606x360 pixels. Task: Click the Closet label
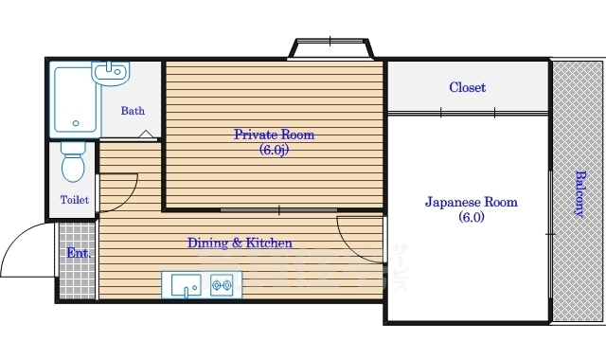[x=467, y=87]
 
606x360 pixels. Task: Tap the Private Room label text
[x=274, y=135]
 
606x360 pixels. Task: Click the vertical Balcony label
[x=579, y=194]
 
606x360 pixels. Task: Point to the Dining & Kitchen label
[x=239, y=243]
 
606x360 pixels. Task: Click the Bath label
[x=133, y=111]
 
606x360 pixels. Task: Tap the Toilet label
[x=74, y=200]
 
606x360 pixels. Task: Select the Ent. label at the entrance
[x=77, y=254]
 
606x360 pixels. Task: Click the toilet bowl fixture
[x=73, y=164]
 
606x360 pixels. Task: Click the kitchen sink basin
[x=185, y=283]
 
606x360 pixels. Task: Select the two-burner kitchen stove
[x=223, y=283]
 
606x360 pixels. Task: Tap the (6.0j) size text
[x=274, y=150]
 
